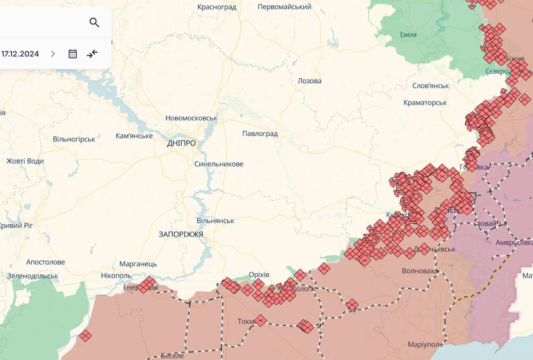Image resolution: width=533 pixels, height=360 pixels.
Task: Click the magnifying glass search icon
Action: pyautogui.click(x=94, y=22)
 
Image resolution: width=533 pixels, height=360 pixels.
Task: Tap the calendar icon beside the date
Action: pyautogui.click(x=72, y=54)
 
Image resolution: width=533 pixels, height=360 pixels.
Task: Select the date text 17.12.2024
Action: pyautogui.click(x=20, y=54)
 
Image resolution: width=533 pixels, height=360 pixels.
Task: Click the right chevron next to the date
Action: pyautogui.click(x=53, y=54)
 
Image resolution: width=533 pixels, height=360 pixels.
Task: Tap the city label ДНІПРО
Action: pyautogui.click(x=181, y=143)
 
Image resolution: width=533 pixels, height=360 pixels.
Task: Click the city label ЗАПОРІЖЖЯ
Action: pyautogui.click(x=181, y=234)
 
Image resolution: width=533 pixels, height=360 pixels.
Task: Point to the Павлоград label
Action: pyautogui.click(x=260, y=134)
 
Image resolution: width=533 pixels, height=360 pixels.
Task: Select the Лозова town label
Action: pyautogui.click(x=309, y=81)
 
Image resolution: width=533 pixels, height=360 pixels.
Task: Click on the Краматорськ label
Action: pyautogui.click(x=425, y=102)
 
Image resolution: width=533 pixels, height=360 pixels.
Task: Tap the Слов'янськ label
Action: pyautogui.click(x=430, y=86)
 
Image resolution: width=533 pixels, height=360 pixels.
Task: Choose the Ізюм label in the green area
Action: pyautogui.click(x=408, y=35)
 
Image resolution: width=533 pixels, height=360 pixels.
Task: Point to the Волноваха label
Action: pyautogui.click(x=419, y=271)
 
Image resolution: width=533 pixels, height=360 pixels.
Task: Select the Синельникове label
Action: pyautogui.click(x=219, y=164)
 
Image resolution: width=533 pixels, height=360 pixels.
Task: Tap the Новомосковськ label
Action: pyautogui.click(x=191, y=118)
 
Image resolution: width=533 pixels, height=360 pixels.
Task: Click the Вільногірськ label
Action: pyautogui.click(x=74, y=139)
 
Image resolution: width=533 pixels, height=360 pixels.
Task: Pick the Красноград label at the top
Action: pyautogui.click(x=217, y=7)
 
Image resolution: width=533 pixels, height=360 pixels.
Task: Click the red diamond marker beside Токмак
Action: pyautogui.click(x=260, y=321)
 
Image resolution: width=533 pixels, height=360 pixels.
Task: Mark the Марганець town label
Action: pyautogui.click(x=138, y=264)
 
